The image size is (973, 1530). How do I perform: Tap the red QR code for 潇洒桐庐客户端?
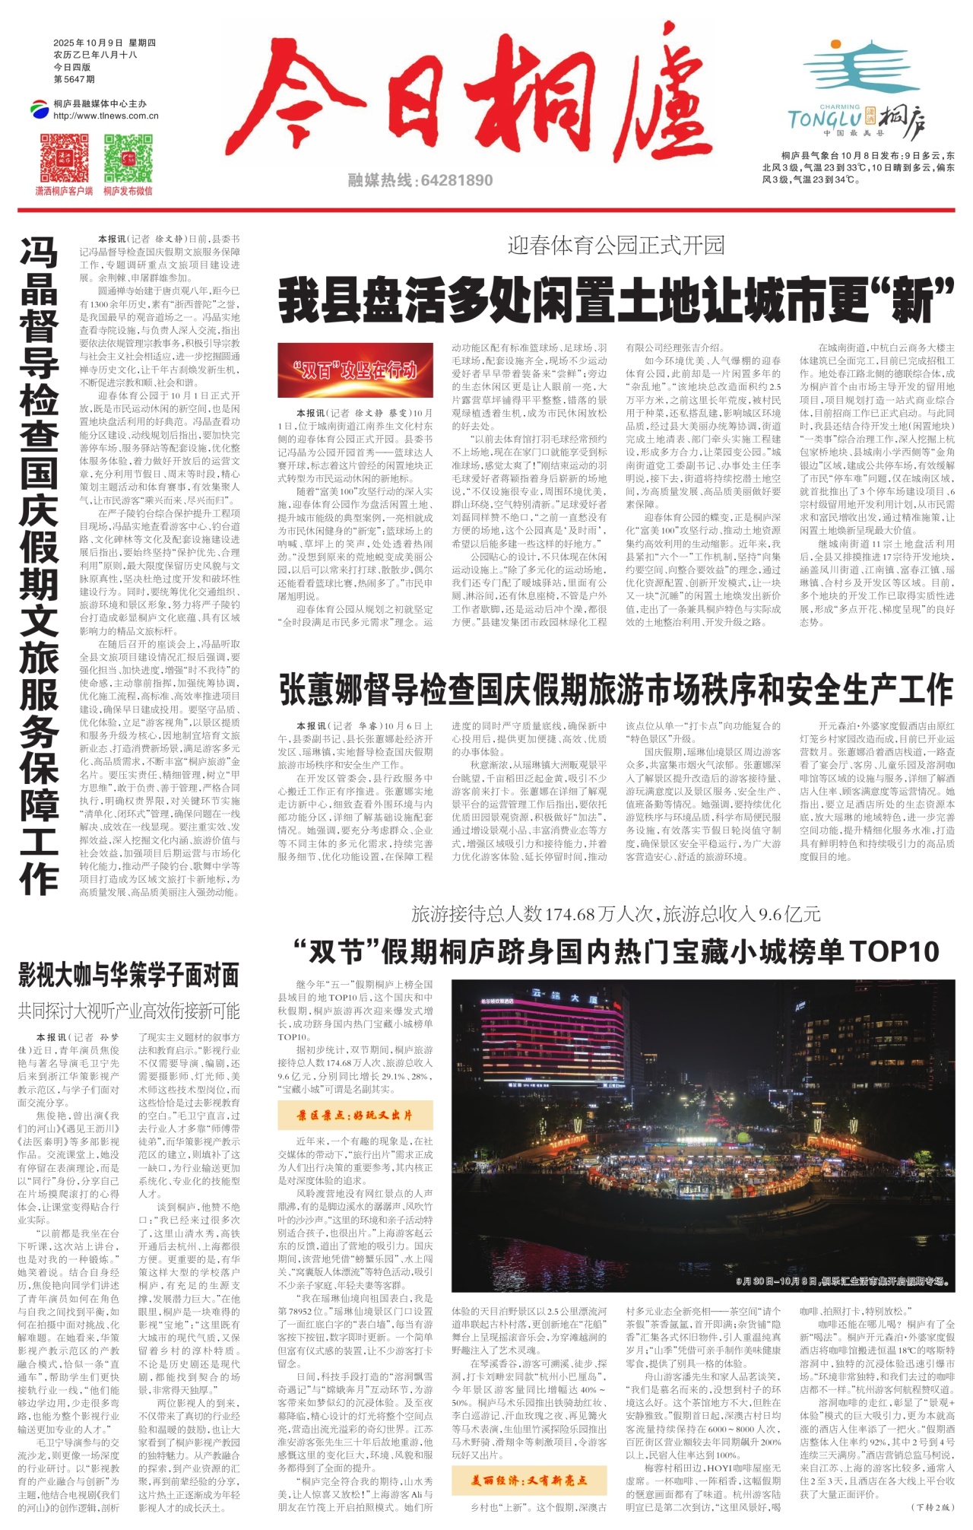click(64, 157)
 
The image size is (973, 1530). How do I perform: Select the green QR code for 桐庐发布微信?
click(128, 157)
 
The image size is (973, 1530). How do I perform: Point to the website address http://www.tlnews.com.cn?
click(106, 116)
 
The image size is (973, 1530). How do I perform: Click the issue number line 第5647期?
click(74, 79)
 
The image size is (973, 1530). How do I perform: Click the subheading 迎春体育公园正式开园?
click(616, 246)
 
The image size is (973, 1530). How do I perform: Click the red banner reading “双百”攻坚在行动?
click(355, 370)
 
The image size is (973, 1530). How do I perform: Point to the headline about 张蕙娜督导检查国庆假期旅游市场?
click(616, 689)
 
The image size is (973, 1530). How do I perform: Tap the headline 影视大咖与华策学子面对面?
click(128, 974)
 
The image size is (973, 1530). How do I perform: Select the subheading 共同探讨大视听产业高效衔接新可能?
click(128, 1011)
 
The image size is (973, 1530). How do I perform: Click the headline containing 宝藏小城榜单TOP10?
click(616, 951)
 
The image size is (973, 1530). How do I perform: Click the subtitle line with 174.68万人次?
click(616, 913)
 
